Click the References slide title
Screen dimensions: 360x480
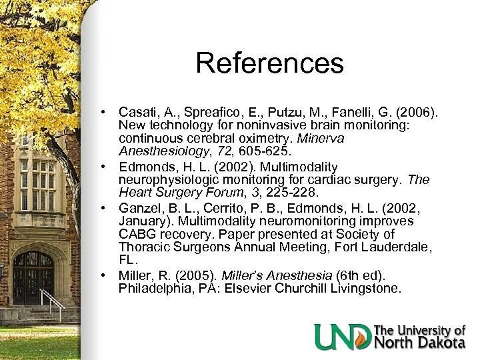269,64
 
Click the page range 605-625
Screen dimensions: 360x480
253,151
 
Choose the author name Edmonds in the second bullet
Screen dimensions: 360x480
145,166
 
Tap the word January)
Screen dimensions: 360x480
145,221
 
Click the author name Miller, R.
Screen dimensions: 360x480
141,275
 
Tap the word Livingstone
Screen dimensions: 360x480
371,289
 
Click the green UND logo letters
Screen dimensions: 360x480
343,337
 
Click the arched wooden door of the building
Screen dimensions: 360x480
34,277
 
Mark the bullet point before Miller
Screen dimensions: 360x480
105,275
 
